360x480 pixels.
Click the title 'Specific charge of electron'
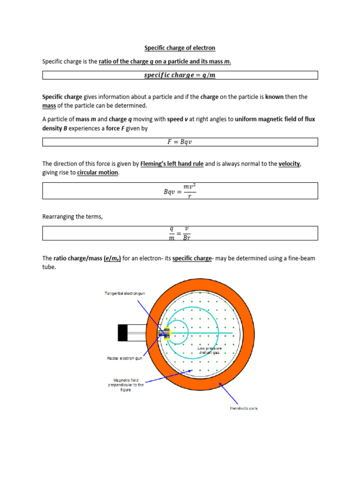[x=180, y=48]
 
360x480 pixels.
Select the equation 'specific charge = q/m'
[x=180, y=75]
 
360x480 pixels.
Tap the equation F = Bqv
[x=180, y=142]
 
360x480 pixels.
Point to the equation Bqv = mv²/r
[x=180, y=191]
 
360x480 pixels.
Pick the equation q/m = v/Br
[x=180, y=233]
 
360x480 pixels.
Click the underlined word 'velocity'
[x=289, y=164]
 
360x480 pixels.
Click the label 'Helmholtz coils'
[x=243, y=408]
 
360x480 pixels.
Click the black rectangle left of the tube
[x=122, y=333]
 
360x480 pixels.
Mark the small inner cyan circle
[x=178, y=333]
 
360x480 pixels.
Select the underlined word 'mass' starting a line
[x=49, y=105]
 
